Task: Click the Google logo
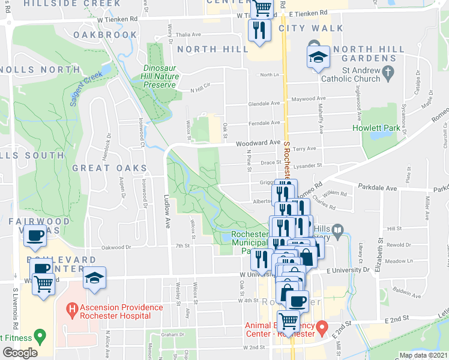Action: tap(20, 353)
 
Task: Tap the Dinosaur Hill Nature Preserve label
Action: tap(159, 76)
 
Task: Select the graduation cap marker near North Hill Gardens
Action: tap(318, 58)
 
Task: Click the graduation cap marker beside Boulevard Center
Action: tap(94, 279)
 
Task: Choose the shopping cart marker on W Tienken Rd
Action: tap(262, 8)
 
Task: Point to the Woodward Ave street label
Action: tap(258, 143)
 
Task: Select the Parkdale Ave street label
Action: tap(379, 188)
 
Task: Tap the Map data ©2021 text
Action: tap(423, 355)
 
